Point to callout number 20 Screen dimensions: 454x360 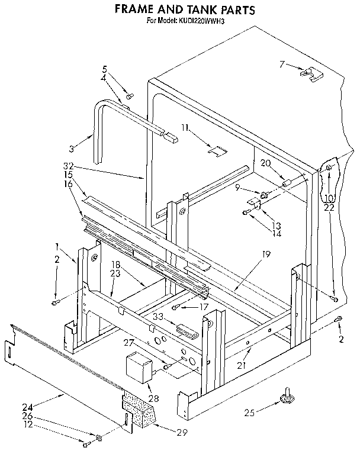click(x=265, y=163)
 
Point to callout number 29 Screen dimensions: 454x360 click(x=181, y=432)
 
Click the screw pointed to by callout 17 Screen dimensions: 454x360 click(x=176, y=306)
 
